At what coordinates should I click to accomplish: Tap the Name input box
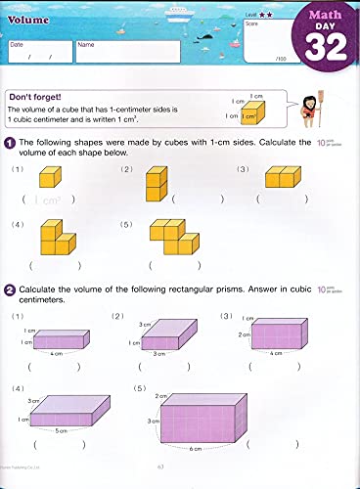pyautogui.click(x=126, y=52)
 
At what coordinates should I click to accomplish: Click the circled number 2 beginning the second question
pyautogui.click(x=9, y=289)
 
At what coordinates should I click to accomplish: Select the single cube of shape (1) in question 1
pyautogui.click(x=49, y=178)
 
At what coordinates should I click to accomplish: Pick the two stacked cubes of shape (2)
pyautogui.click(x=155, y=183)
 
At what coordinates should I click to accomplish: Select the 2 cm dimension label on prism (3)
pyautogui.click(x=244, y=334)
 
